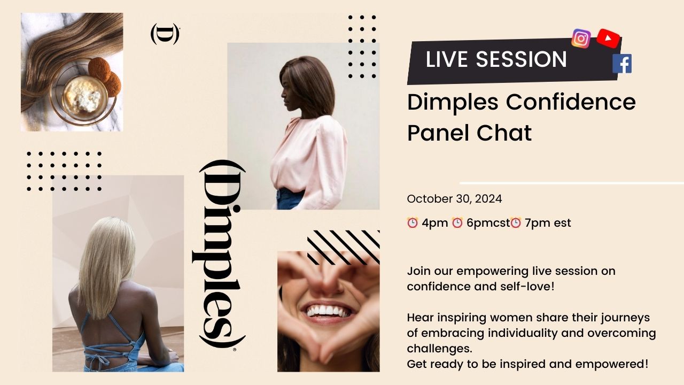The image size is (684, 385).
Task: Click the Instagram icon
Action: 581,38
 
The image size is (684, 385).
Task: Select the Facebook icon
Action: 622,64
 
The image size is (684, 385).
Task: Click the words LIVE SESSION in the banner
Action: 496,59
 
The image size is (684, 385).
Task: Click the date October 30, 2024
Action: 454,199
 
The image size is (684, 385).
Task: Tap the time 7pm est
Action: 548,223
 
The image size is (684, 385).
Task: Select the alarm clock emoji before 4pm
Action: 413,223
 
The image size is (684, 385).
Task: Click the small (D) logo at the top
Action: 165,34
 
